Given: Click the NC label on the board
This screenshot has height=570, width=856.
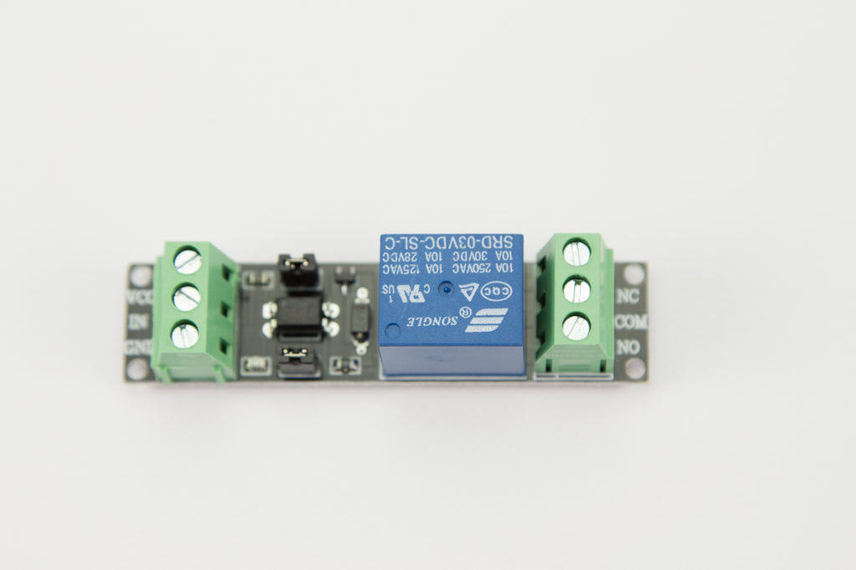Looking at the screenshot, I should point(629,296).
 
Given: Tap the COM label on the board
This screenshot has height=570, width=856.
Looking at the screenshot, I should point(630,321).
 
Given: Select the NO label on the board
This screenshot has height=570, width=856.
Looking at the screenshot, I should point(629,346).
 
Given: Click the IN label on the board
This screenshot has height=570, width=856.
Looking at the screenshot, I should point(138,321).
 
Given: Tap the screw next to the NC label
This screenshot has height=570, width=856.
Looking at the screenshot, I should point(577,252).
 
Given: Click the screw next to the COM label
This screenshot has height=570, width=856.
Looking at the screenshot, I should point(576,290).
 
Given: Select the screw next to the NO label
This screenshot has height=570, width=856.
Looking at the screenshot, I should point(576,327).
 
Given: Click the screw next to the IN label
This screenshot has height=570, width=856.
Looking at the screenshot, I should point(186,297).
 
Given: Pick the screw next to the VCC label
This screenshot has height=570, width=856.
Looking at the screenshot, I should point(188,260).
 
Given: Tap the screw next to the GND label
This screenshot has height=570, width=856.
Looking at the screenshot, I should point(186,334).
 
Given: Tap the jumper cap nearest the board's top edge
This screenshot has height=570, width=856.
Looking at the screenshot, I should point(298,267).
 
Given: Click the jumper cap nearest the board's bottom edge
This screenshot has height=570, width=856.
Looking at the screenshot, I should point(298,361).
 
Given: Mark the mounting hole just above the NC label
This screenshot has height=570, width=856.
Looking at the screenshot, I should point(634,273).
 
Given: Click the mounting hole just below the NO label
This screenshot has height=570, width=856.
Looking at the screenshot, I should point(634,368).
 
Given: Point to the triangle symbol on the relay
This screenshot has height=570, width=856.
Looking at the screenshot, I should point(470,290).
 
